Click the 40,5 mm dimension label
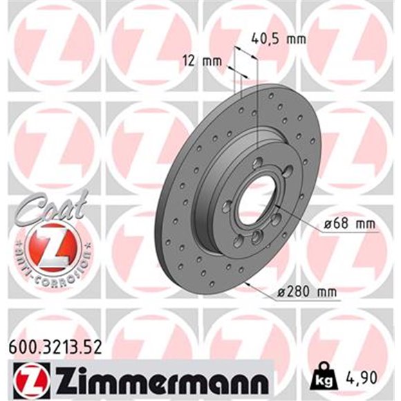click(x=278, y=39)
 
